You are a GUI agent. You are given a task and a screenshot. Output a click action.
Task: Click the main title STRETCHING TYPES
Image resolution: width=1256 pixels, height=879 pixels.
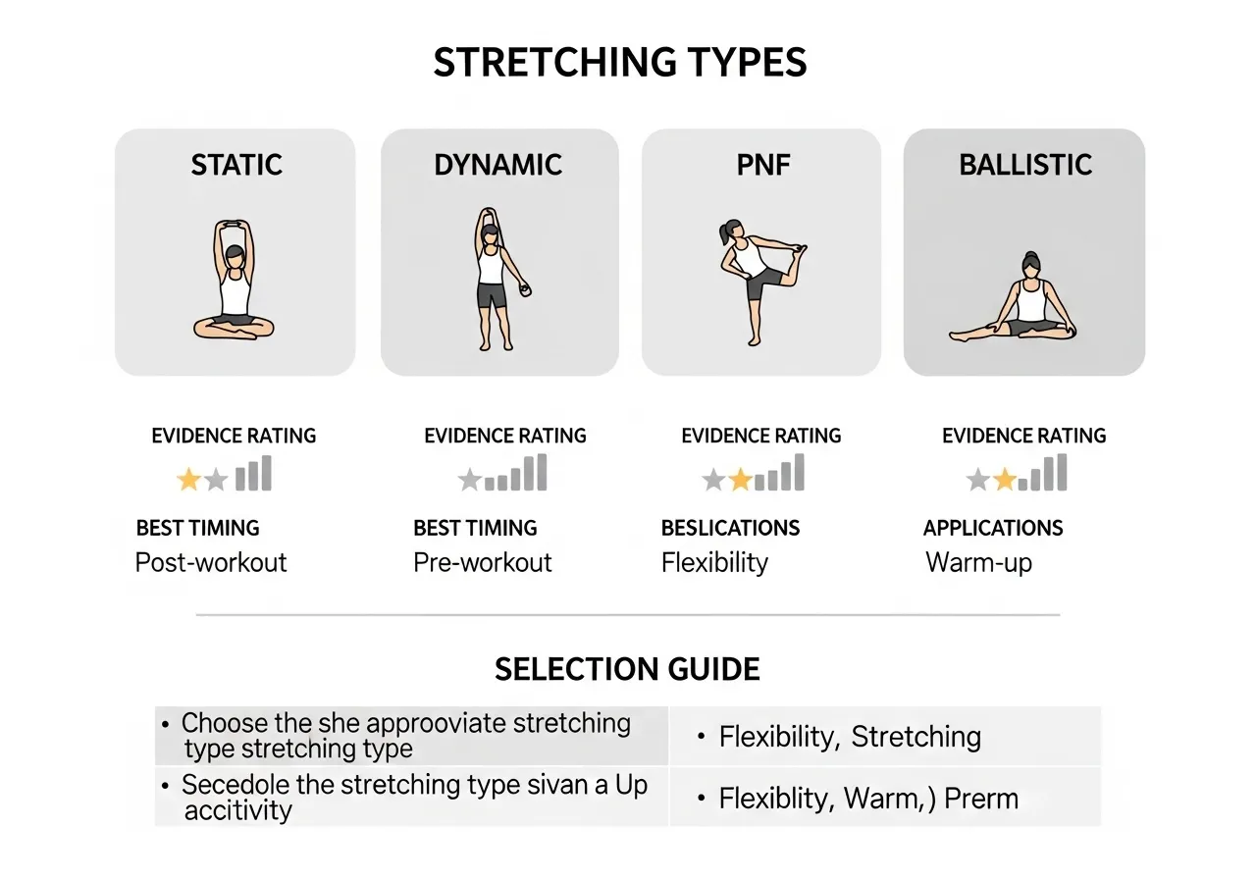click(x=620, y=63)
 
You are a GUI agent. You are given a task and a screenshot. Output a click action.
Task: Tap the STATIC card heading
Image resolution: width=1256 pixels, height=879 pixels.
click(x=236, y=164)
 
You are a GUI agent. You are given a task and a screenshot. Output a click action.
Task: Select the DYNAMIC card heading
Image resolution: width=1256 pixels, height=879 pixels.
click(x=498, y=164)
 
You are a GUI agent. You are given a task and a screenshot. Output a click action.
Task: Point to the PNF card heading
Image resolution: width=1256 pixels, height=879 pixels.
click(x=762, y=164)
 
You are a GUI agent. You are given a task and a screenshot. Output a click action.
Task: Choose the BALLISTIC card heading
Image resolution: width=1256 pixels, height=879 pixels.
click(x=1025, y=164)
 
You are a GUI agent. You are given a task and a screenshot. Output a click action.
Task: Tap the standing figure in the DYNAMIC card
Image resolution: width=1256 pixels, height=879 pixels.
click(x=492, y=279)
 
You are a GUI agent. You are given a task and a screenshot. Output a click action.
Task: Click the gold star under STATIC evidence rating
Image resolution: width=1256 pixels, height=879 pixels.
click(x=188, y=480)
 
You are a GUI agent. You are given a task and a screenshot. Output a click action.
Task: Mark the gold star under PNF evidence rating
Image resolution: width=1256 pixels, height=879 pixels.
click(x=740, y=480)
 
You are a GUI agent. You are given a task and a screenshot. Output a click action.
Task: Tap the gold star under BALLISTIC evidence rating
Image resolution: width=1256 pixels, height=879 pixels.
click(x=1004, y=480)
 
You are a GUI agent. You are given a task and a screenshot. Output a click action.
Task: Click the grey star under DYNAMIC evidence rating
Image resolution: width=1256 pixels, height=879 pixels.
click(x=470, y=480)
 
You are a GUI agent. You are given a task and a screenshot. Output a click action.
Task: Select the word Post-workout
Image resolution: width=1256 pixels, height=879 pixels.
click(x=211, y=562)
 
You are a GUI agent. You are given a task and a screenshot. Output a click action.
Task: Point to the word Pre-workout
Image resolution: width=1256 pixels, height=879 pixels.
click(x=483, y=562)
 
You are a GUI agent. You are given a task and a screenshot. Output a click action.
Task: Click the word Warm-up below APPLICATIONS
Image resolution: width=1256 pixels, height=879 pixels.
click(x=978, y=563)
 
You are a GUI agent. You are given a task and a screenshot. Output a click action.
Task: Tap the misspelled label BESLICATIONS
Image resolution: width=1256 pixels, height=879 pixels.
click(x=730, y=528)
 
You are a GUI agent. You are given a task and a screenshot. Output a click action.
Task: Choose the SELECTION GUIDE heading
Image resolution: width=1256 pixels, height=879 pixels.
click(x=627, y=669)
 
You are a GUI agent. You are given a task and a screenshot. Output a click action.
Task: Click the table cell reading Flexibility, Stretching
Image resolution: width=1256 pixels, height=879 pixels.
click(x=850, y=737)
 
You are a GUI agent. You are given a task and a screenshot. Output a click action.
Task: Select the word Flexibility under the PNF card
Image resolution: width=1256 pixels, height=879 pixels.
click(x=714, y=562)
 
